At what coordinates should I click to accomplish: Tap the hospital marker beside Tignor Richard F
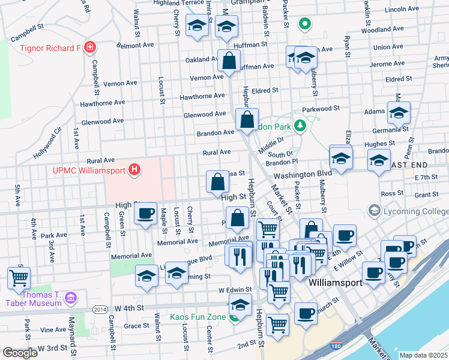coord(90,47)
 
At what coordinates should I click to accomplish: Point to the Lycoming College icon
coord(375,211)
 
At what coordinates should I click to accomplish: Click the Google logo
coord(19,353)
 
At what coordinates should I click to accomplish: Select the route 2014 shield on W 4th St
coord(100,309)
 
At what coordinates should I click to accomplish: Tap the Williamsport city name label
coord(334,282)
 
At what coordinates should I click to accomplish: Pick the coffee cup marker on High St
coord(145,214)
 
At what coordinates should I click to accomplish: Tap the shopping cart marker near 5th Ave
coord(19,278)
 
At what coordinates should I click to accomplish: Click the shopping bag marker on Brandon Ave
coord(247,119)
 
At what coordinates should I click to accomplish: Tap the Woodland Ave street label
coord(386,29)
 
